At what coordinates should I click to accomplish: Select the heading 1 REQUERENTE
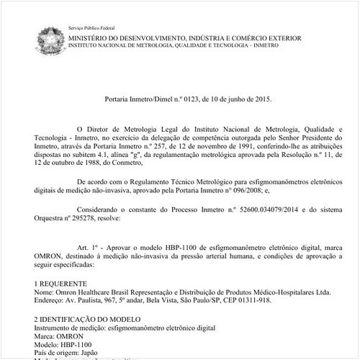pyautogui.click(x=66, y=284)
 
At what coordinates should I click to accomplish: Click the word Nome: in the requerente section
pyautogui.click(x=44, y=292)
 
